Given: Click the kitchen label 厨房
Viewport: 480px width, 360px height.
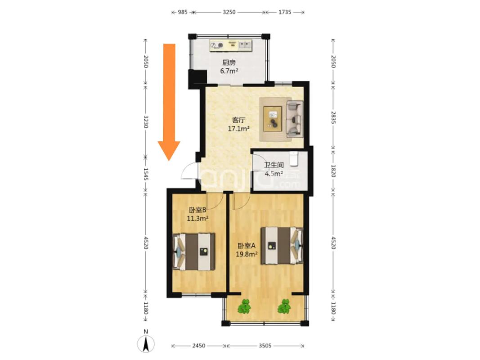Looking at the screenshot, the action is (229, 63).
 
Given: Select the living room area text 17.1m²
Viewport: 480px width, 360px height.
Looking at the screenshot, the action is (238, 129).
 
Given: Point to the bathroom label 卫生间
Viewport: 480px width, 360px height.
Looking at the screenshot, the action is (274, 165).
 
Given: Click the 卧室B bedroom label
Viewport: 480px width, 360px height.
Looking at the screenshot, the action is (197, 210).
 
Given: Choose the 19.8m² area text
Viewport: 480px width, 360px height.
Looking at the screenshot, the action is (247, 254).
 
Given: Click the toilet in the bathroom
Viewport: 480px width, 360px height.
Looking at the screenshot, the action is (294, 157).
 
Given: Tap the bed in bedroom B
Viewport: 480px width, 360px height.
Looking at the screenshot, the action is (194, 252).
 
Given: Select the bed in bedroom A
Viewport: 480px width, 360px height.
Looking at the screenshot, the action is (282, 246).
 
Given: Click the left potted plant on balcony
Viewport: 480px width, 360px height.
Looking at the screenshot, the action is (244, 306).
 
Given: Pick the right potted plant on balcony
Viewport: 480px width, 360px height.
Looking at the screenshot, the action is (284, 306).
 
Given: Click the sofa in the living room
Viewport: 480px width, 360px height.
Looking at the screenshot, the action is (294, 119).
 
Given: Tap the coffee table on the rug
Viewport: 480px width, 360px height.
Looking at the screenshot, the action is (273, 119).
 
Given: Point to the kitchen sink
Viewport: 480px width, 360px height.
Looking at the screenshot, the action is (245, 45).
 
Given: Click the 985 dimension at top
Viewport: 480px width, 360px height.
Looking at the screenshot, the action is (183, 12).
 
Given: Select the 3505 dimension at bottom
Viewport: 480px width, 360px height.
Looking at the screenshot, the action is (265, 346).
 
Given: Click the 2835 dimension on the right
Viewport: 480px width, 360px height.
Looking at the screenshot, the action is (333, 117).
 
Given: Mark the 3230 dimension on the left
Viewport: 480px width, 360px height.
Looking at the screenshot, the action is (146, 122).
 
